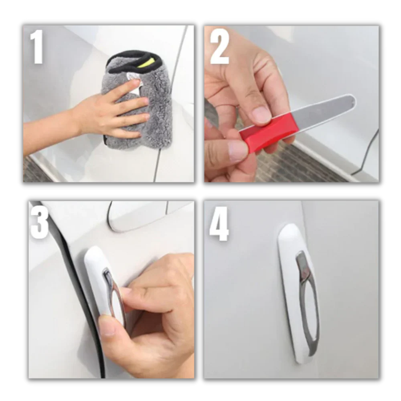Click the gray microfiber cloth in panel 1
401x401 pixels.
point(156,108)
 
